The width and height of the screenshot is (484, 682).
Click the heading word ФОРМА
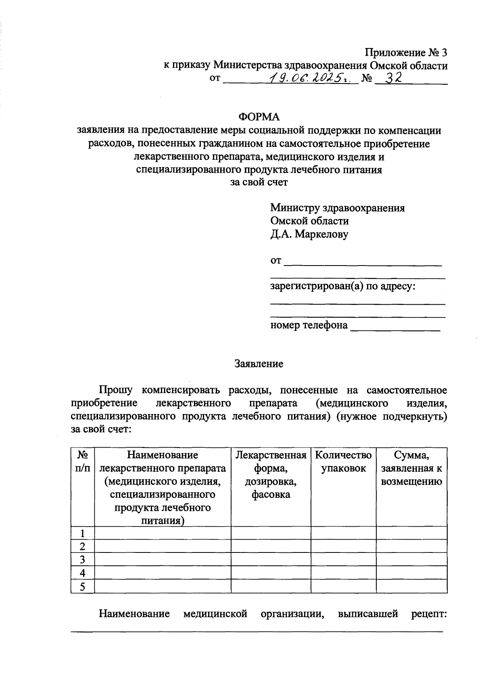point(259,117)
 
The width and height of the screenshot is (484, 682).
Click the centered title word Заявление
point(259,364)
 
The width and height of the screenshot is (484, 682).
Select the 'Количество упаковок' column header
point(343,462)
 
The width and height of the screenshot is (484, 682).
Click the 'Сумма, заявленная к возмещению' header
point(411,468)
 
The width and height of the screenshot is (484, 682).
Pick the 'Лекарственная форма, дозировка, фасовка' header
point(271,475)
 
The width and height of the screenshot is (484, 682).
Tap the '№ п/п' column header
point(82,462)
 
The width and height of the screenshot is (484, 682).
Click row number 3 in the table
point(82,560)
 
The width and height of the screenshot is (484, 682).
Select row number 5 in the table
point(82,586)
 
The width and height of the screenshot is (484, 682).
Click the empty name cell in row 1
point(162,533)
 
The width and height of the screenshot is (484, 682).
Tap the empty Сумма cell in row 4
point(411,573)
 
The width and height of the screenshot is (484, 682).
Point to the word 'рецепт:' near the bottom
point(429,614)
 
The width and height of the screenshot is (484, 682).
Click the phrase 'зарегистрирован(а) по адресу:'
point(342,287)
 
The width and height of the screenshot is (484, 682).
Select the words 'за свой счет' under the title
point(259,182)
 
